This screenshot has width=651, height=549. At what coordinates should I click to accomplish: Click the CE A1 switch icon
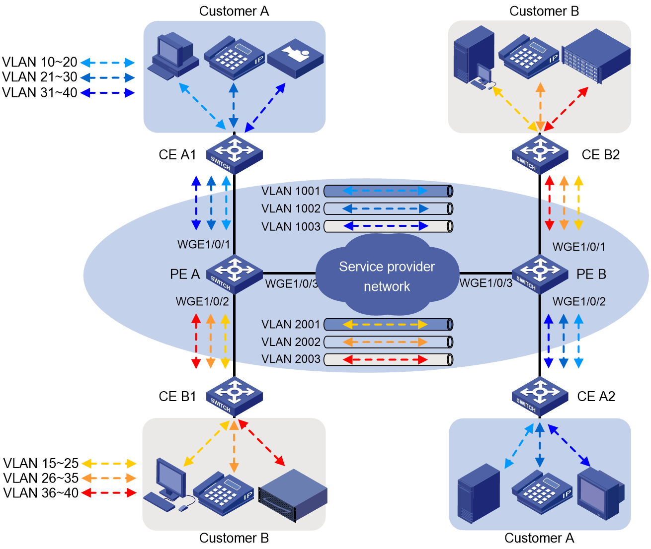(x=234, y=154)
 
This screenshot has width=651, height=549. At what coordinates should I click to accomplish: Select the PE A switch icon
(x=234, y=274)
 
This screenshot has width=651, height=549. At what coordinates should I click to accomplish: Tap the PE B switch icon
(x=540, y=274)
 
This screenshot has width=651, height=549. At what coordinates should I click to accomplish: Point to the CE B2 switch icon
(x=540, y=154)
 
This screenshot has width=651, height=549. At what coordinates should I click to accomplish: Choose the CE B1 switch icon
(x=234, y=396)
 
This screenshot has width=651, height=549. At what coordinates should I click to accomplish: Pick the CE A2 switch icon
(x=540, y=396)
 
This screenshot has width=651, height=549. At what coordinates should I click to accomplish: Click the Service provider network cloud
(x=387, y=274)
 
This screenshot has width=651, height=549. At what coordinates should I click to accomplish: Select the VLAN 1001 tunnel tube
(x=388, y=191)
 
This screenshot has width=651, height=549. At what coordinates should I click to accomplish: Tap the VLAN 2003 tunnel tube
(x=388, y=360)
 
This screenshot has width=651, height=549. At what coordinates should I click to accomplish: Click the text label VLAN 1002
(x=291, y=208)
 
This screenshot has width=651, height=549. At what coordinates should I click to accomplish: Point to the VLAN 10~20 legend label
(x=40, y=62)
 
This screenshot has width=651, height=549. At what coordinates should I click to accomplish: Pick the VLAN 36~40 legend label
(x=41, y=493)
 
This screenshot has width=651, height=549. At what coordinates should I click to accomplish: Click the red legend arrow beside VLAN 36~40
(x=109, y=493)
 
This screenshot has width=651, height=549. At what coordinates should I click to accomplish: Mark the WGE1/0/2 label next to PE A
(x=202, y=301)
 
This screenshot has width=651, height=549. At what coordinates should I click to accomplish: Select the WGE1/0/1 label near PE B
(x=578, y=247)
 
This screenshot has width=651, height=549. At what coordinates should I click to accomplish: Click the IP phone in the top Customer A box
(x=234, y=58)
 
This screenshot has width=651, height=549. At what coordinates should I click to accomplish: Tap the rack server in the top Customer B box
(x=596, y=56)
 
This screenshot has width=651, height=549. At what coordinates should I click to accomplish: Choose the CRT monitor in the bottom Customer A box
(x=600, y=494)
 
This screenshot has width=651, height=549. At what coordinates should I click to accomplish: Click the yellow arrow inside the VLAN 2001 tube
(x=385, y=325)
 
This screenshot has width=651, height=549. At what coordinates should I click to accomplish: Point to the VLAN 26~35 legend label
(x=41, y=478)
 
